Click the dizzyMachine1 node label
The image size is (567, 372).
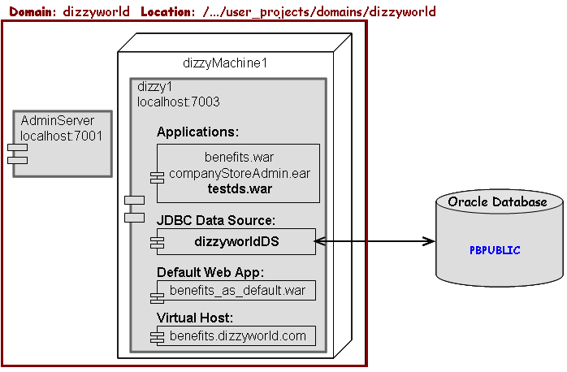point(225,63)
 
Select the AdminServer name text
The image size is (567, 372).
point(57,121)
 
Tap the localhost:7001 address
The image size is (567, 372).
point(62,136)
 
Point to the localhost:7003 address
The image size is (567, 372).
point(179,102)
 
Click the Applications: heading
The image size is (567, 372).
point(197,132)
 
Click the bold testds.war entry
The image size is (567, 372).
point(239,189)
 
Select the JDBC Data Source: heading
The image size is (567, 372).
point(215,220)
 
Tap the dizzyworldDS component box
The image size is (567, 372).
point(236,241)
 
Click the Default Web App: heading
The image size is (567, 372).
point(210,272)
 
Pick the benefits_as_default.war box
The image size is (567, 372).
point(236,290)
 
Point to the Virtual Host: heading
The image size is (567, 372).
point(195,318)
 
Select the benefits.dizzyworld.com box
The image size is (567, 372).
point(236,335)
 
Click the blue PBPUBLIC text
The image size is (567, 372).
point(495,250)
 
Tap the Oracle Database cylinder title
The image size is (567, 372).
point(497,201)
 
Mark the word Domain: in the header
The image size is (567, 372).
point(32,11)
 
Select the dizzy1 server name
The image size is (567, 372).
point(154,87)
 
